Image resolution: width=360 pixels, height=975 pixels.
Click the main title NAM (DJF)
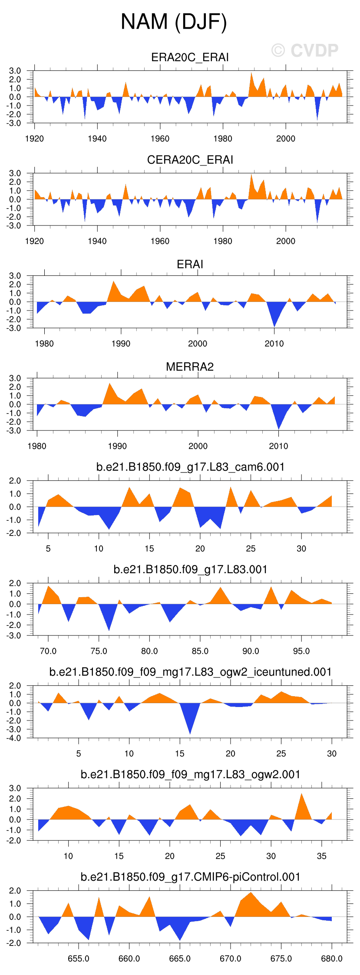tap(174, 22)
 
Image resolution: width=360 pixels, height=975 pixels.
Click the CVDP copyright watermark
tap(305, 51)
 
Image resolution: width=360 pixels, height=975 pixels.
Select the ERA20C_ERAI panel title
tap(190, 57)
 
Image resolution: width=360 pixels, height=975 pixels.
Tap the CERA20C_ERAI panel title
tap(190, 160)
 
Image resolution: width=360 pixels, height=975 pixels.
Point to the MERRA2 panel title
tap(190, 367)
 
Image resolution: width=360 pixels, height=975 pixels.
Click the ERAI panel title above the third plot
tap(190, 264)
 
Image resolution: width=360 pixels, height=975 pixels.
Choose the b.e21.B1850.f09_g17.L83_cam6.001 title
tap(190, 467)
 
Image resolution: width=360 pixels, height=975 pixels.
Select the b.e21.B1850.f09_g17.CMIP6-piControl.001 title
tap(190, 877)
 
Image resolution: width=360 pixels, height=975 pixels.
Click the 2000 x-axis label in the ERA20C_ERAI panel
tap(285, 139)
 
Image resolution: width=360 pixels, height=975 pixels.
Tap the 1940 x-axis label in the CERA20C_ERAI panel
tap(97, 241)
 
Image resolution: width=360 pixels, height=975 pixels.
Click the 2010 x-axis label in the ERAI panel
tap(274, 344)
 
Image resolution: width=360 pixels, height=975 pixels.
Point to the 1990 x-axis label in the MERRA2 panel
tap(117, 446)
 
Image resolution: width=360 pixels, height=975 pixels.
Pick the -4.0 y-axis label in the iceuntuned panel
tap(15, 738)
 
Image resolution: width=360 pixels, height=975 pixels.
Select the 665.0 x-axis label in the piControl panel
tap(179, 958)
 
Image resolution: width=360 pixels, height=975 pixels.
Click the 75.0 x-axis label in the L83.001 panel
tap(99, 651)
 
